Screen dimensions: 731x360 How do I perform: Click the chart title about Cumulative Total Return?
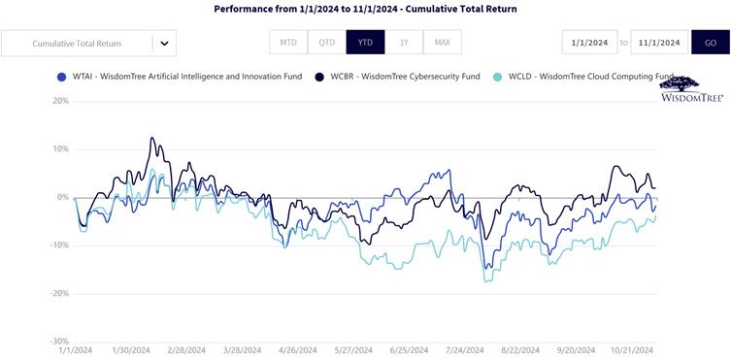365,9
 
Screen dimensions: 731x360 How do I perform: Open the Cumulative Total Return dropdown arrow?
164,44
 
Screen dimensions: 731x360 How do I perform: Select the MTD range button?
288,43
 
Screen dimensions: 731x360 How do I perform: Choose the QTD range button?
327,43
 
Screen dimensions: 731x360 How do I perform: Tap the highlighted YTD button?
365,43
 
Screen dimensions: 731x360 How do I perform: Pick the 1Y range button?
404,43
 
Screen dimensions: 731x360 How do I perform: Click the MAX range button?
443,43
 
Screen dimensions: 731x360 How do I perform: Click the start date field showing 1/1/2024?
589,43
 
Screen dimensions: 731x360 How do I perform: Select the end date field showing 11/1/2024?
659,43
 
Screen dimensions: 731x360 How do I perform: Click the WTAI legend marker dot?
59,77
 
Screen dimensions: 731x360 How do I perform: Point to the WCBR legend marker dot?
319,77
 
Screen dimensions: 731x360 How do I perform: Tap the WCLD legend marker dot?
498,77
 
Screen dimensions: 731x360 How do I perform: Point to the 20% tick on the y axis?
61,101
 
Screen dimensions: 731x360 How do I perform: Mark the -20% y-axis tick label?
59,293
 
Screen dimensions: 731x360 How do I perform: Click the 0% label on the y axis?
63,197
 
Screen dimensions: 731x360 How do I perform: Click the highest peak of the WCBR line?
151,138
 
